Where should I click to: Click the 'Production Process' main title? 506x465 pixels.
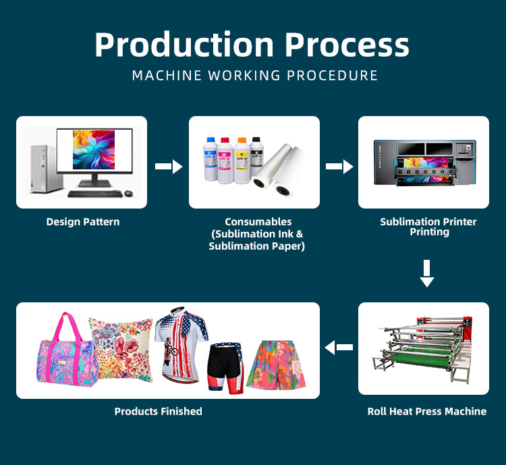tap(252, 45)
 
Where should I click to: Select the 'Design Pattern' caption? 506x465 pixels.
tap(84, 221)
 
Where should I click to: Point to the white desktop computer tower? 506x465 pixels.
tap(39, 166)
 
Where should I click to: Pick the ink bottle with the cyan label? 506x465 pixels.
tap(210, 161)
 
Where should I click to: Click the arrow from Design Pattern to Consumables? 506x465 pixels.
tap(169, 166)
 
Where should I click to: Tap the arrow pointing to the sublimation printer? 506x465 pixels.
tap(339, 166)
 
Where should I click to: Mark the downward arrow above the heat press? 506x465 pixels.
tap(426, 273)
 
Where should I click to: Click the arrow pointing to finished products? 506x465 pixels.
tap(339, 348)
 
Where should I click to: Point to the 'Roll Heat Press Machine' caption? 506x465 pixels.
tap(426, 411)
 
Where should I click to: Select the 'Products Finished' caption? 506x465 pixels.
tap(158, 411)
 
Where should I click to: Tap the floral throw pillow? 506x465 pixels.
tap(124, 348)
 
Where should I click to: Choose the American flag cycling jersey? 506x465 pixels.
tap(181, 341)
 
